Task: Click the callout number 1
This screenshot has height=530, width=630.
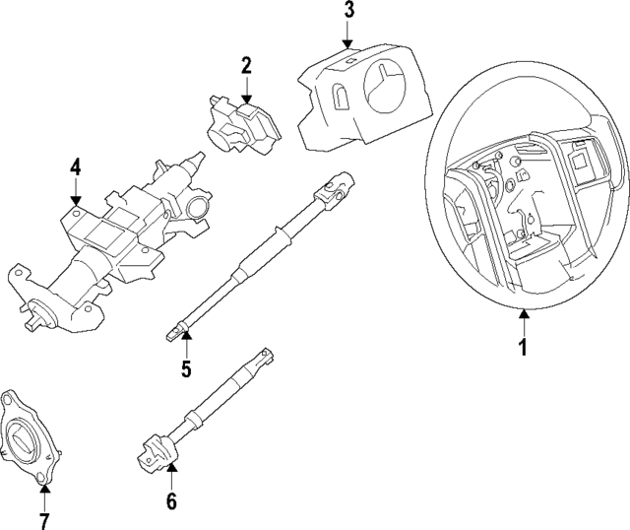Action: (x=524, y=347)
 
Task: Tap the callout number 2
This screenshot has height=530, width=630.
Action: (x=246, y=66)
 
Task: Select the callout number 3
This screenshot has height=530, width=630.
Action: (x=347, y=13)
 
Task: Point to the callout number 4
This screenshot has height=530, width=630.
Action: (x=75, y=170)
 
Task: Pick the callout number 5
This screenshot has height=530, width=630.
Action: (x=185, y=370)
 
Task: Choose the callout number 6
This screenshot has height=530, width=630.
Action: (x=170, y=501)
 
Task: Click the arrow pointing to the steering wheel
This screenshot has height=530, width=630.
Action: (x=524, y=318)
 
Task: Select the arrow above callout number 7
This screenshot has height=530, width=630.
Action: (x=42, y=489)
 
